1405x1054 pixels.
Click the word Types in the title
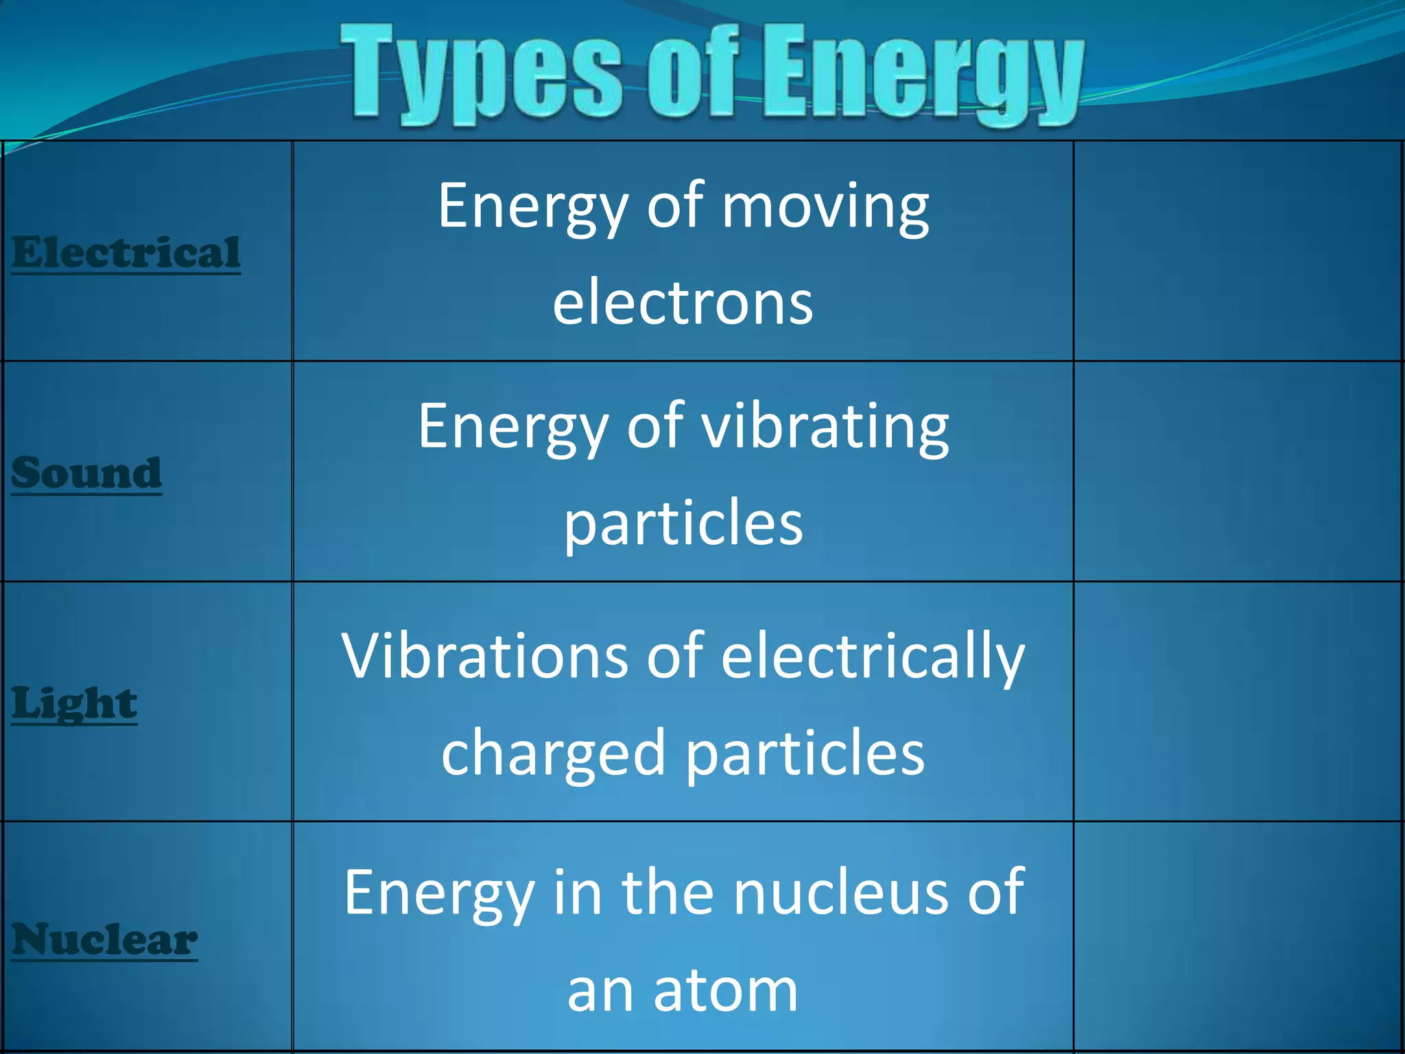[480, 72]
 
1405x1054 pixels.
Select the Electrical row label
[126, 253]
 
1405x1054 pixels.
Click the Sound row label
[86, 473]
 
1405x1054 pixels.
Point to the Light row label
[74, 703]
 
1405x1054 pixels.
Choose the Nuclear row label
[104, 939]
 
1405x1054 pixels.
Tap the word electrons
[683, 303]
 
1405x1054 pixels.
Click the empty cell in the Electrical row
[1237, 251]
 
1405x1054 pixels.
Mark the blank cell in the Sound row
[1237, 471]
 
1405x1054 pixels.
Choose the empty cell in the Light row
[1237, 701]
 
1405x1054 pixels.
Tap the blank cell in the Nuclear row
[1237, 936]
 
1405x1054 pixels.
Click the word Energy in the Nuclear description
[439, 893]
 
